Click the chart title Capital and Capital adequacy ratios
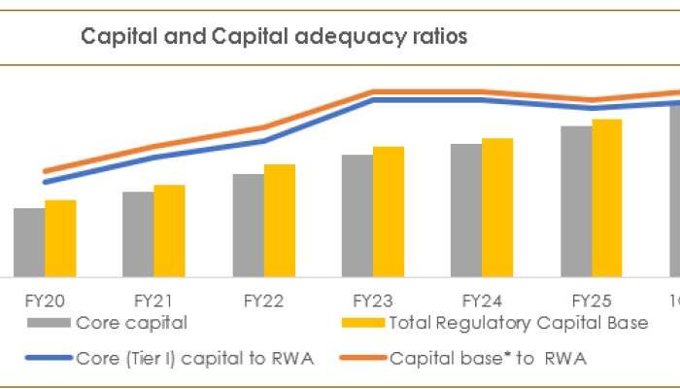pyautogui.click(x=274, y=37)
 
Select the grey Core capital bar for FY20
pyautogui.click(x=29, y=242)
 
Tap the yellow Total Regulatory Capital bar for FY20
pyautogui.click(x=60, y=238)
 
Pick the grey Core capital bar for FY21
pyautogui.click(x=138, y=234)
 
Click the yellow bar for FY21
pyautogui.click(x=169, y=230)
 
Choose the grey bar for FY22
pyautogui.click(x=248, y=226)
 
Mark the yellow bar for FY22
pyautogui.click(x=280, y=221)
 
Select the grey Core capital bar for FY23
pyautogui.click(x=357, y=216)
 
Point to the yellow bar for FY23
pyautogui.click(x=389, y=212)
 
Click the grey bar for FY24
pyautogui.click(x=465, y=210)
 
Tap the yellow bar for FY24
pyautogui.click(x=497, y=207)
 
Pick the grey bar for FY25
pyautogui.click(x=576, y=201)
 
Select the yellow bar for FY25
pyautogui.click(x=607, y=198)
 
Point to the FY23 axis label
pyautogui.click(x=372, y=301)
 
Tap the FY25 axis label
pyautogui.click(x=591, y=301)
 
